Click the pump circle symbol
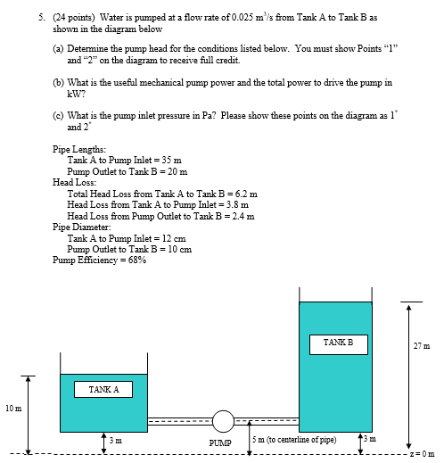(x=223, y=419)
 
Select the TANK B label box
(x=332, y=342)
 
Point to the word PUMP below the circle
(x=220, y=442)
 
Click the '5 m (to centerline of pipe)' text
(x=294, y=440)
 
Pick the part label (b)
(x=60, y=81)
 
